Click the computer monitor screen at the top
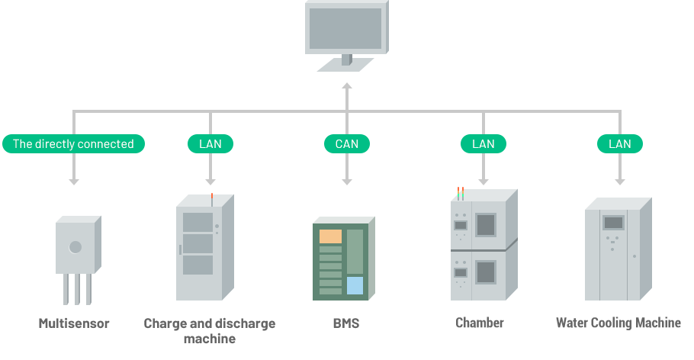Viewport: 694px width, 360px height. tap(345, 28)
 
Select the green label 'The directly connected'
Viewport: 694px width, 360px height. tap(73, 143)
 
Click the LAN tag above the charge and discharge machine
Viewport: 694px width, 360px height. tap(210, 143)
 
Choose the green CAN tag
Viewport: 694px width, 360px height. tap(346, 143)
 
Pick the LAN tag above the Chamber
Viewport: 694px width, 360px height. tap(483, 143)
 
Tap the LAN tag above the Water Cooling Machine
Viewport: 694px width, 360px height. tap(619, 143)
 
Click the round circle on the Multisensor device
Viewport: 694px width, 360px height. tap(76, 247)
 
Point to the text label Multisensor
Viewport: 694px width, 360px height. tap(74, 323)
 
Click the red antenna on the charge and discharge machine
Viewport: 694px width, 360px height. tap(211, 197)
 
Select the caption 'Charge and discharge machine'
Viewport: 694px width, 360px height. tap(210, 330)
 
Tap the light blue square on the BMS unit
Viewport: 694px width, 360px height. tap(355, 286)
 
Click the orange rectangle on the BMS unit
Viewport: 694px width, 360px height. tap(330, 236)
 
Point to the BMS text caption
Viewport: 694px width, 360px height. tap(345, 323)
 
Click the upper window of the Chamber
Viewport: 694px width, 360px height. tap(486, 225)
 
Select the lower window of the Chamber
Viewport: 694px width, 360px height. tap(486, 272)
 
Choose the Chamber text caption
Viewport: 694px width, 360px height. tap(480, 323)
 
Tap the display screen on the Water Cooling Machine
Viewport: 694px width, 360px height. tap(613, 223)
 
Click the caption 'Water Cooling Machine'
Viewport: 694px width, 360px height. tap(618, 323)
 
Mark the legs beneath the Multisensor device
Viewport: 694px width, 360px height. tap(76, 289)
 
